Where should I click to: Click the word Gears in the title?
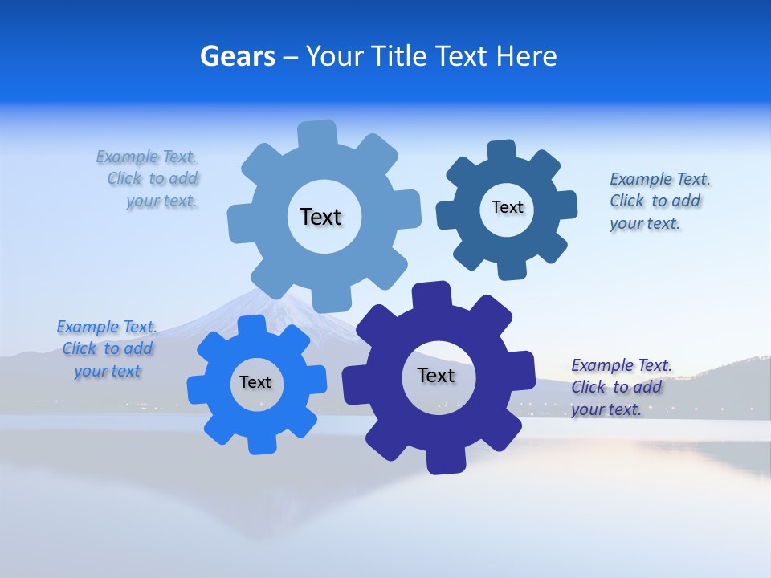point(238,56)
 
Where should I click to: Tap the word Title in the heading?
point(401,56)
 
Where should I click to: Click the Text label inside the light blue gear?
point(320,217)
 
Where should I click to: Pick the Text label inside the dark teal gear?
point(507,207)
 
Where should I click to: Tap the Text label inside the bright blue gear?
point(255,382)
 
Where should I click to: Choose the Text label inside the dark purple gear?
point(436,375)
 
